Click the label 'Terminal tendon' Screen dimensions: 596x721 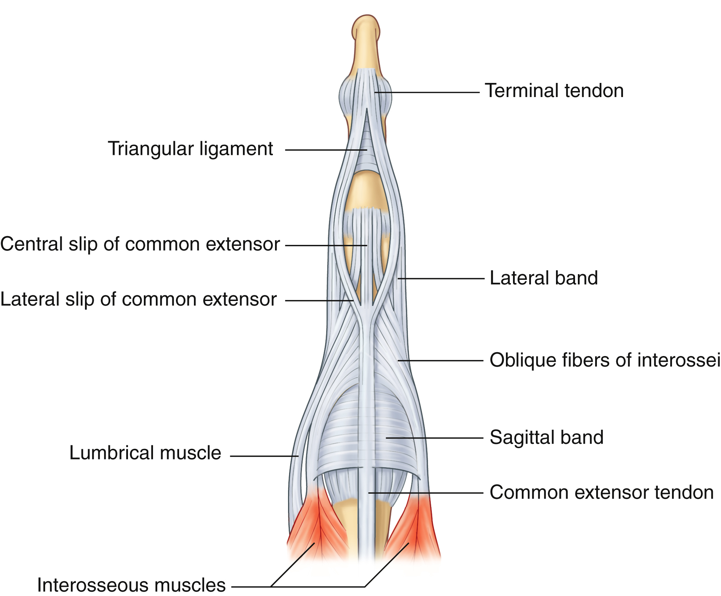coord(554,91)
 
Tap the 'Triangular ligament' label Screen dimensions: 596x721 coord(190,149)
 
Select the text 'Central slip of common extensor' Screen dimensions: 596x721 coord(140,244)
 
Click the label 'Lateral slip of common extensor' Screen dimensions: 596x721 coord(138,299)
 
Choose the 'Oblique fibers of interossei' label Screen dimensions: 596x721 coord(605,360)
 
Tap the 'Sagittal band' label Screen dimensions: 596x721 coord(546,437)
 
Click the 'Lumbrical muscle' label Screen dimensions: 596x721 coord(145,453)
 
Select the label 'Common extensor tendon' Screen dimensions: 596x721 coord(601,492)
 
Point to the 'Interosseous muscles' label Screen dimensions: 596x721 coord(131,585)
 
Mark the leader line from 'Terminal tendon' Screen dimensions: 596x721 coord(427,92)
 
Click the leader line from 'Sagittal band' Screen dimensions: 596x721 coord(434,438)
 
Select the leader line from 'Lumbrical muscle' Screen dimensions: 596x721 coord(264,456)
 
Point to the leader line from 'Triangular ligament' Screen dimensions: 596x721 coord(326,150)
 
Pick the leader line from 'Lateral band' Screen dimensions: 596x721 coord(441,278)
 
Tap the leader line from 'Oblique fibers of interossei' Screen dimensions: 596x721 coord(441,361)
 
